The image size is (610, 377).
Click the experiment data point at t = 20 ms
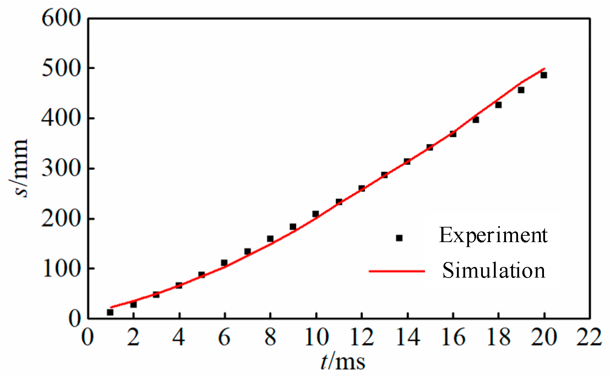click(544, 75)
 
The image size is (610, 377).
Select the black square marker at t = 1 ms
click(110, 312)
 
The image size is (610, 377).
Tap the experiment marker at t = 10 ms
click(316, 214)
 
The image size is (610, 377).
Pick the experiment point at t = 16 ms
click(453, 134)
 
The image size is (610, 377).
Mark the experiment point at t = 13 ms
click(385, 175)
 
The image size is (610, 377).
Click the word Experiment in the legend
click(493, 235)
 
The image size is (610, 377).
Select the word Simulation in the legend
click(494, 271)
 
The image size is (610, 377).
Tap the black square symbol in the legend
click(399, 238)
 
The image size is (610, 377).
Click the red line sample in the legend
click(397, 271)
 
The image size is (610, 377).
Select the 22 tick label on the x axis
click(589, 337)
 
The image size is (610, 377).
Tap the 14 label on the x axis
click(407, 337)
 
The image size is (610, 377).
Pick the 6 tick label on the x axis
click(224, 337)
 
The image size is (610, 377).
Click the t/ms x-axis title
click(343, 362)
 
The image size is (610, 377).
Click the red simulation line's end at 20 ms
click(544, 69)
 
